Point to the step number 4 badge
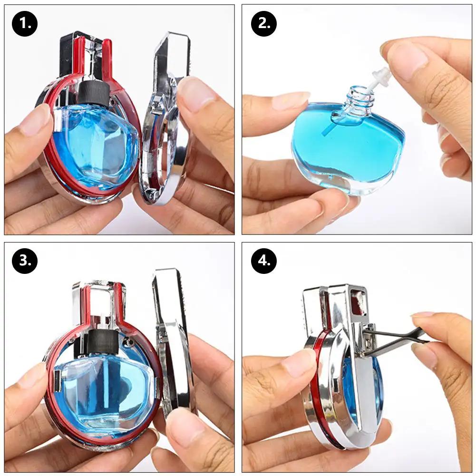[264, 261]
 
